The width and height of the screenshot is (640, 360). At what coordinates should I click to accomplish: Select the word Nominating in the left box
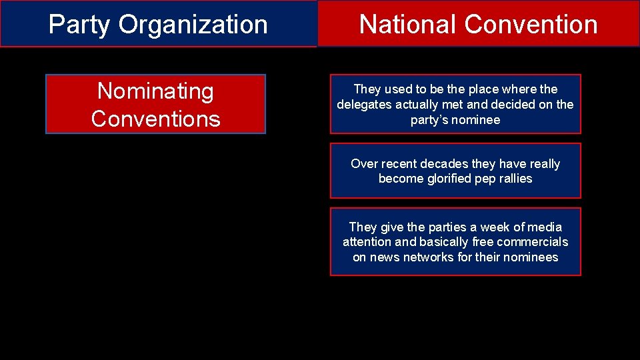pyautogui.click(x=155, y=91)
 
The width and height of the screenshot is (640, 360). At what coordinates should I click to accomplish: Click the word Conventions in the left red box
pyautogui.click(x=155, y=119)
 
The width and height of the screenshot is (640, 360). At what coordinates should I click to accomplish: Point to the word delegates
pyautogui.click(x=363, y=105)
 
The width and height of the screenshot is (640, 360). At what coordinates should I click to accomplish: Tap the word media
pyautogui.click(x=544, y=227)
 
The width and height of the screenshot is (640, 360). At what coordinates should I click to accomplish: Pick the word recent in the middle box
pyautogui.click(x=399, y=164)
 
